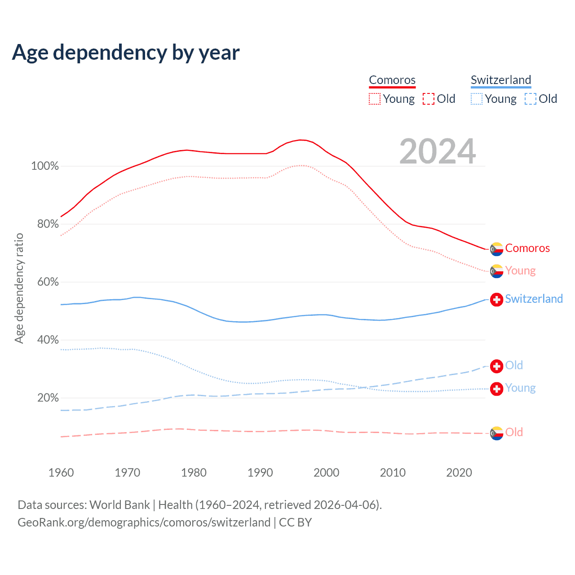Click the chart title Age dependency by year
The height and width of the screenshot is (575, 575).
coord(126,53)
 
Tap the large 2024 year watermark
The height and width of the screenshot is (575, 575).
coord(438,151)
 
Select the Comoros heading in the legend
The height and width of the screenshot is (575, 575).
coord(392,80)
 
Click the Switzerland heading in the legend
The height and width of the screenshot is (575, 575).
coord(501,80)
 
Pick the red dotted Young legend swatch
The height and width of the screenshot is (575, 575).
coord(374,99)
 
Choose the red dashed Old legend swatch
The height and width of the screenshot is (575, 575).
coord(429,99)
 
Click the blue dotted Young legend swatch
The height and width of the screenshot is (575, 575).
coord(476,99)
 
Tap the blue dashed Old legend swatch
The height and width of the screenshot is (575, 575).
coord(531,99)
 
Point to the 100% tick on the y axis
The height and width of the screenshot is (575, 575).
coord(45,166)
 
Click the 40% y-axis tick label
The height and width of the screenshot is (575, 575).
coord(48,340)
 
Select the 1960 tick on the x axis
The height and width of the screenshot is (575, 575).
coord(61,473)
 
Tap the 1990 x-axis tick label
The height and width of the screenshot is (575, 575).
coord(260,473)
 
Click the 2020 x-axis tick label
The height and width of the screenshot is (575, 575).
coord(459,473)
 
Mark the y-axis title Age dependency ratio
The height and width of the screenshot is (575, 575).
coord(19,288)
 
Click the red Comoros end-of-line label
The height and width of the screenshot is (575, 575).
coord(527,248)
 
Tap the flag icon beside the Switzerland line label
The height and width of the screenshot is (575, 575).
coord(496,300)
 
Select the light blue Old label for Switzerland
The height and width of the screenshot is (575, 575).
coord(514,365)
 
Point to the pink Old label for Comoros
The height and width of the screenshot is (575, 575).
coord(514,432)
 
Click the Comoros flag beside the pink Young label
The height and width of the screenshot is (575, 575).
coord(496,271)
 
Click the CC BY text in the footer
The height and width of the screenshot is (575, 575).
coord(295,522)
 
